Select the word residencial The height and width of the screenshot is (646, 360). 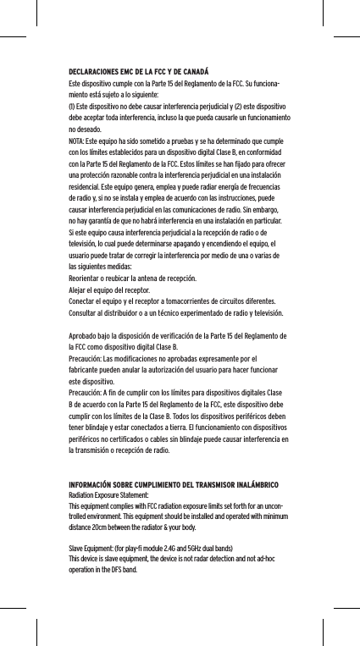(x=86, y=196)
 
